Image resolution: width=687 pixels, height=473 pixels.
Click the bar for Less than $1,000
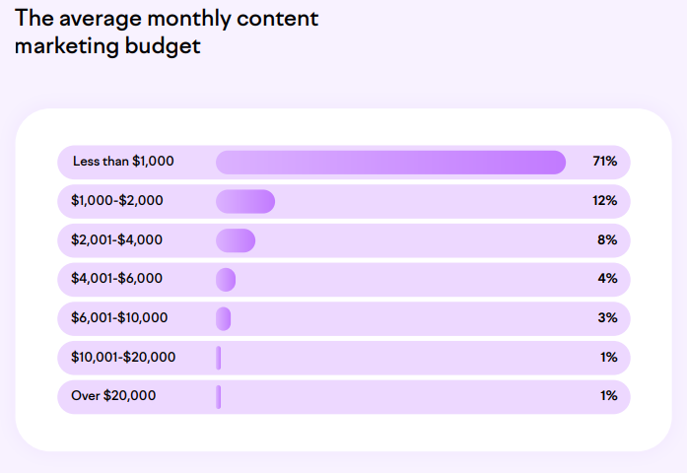[x=390, y=163]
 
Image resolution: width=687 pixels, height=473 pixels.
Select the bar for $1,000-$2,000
[x=245, y=201]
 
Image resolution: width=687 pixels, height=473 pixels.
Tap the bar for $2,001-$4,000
[x=236, y=240]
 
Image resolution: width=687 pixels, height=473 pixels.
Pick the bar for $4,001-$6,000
[x=226, y=280]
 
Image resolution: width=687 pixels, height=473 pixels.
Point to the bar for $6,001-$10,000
[x=224, y=318]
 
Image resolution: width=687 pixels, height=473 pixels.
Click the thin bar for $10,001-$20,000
[x=219, y=358]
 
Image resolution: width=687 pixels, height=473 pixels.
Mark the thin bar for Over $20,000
[x=219, y=396]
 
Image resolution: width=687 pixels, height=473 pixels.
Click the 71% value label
[x=604, y=162]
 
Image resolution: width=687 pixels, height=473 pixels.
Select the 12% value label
[x=604, y=201]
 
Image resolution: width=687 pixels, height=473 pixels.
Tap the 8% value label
[x=607, y=240]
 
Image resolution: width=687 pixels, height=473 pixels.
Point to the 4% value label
[x=607, y=279]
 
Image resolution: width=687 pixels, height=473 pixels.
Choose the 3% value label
[x=607, y=318]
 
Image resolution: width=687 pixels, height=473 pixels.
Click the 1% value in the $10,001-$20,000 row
[x=608, y=358]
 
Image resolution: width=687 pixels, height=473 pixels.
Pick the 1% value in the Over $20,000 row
[x=608, y=396]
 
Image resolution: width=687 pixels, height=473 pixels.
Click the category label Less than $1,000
[x=123, y=162]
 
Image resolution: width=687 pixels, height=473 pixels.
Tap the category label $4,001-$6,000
[x=117, y=279]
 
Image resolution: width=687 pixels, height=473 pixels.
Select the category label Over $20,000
[x=113, y=396]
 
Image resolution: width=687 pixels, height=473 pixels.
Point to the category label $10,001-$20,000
[x=123, y=358]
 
